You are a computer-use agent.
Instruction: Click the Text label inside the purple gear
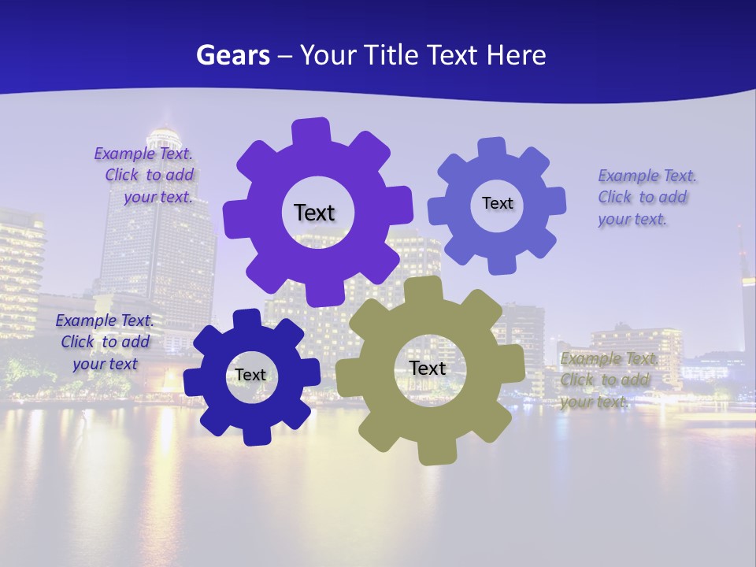coord(314,213)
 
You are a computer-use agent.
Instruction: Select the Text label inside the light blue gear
coord(497,203)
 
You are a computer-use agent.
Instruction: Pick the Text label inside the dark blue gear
coord(250,375)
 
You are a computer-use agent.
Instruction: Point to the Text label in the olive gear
coord(428,368)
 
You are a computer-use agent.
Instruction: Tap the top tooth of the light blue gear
coord(492,147)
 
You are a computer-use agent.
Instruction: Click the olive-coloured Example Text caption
coord(608,380)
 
